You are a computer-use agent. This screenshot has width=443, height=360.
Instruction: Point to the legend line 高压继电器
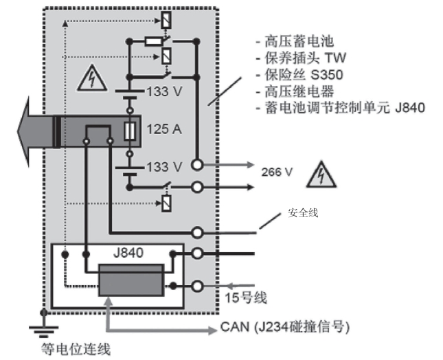pyautogui.click(x=288, y=91)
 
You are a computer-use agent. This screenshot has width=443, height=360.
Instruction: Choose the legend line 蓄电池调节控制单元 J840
pyautogui.click(x=339, y=108)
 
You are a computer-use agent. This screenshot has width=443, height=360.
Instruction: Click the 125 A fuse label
pyautogui.click(x=163, y=130)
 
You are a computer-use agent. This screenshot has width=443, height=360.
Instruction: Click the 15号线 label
pyautogui.click(x=245, y=298)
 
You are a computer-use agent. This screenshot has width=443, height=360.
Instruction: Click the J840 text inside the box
pyautogui.click(x=128, y=252)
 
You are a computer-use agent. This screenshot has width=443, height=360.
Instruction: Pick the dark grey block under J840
pyautogui.click(x=130, y=279)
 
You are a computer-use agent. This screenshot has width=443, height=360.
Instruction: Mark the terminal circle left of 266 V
pyautogui.click(x=198, y=165)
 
